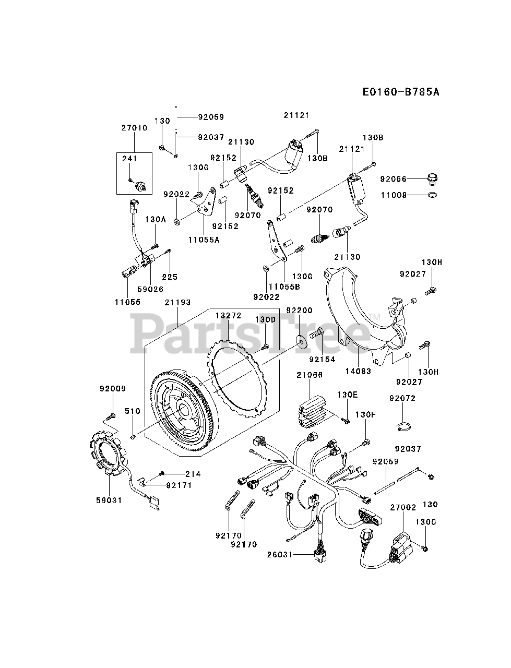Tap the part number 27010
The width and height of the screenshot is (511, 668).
coord(134,128)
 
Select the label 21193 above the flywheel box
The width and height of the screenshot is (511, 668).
coord(178,302)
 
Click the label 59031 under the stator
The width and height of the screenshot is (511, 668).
coord(109,500)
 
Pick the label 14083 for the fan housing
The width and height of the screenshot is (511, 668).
coord(359,372)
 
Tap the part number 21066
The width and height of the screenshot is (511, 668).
coord(310,375)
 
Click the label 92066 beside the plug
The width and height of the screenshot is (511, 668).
coord(394,178)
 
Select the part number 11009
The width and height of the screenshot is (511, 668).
coord(394,195)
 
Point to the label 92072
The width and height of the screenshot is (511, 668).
coord(402,398)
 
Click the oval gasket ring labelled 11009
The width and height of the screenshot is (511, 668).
coord(432,195)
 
